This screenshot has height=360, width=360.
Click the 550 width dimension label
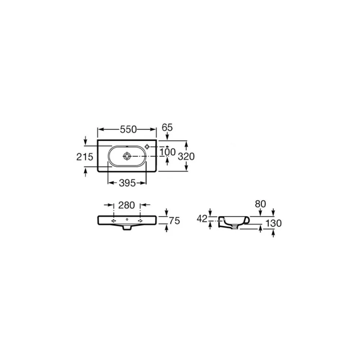(x=129, y=130)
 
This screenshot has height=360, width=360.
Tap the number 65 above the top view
(x=167, y=127)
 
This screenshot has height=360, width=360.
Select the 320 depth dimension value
(x=186, y=156)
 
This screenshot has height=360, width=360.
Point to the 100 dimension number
(x=168, y=152)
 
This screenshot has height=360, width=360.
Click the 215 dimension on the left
(x=85, y=157)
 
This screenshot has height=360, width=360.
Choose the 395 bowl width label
(x=127, y=183)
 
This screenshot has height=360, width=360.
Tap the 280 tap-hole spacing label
(x=126, y=205)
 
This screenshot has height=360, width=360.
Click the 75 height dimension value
(x=175, y=221)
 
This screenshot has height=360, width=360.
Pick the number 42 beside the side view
(x=202, y=219)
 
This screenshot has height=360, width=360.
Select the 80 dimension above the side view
(x=260, y=204)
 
